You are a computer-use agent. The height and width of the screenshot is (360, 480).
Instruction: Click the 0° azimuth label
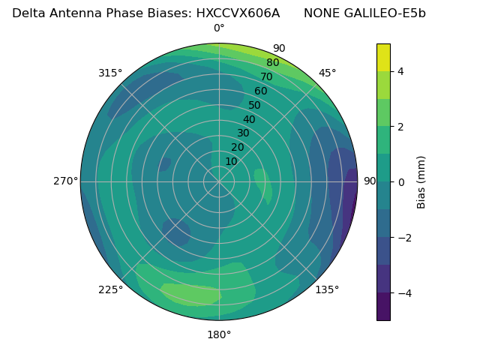(219, 28)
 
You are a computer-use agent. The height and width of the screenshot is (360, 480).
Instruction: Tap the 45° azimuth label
(327, 73)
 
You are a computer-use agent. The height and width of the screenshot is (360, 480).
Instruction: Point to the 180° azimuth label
(219, 334)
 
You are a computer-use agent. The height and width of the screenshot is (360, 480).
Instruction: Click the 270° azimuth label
(66, 181)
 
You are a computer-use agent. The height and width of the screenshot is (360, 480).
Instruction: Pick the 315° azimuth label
(110, 73)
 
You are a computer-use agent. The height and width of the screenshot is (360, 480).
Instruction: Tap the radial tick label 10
(231, 161)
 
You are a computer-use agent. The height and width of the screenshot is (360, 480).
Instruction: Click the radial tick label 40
(249, 119)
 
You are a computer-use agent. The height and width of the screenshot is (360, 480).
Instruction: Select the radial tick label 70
(266, 76)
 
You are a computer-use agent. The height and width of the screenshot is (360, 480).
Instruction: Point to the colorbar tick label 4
(401, 71)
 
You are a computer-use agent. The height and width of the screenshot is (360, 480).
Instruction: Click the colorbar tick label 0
(401, 182)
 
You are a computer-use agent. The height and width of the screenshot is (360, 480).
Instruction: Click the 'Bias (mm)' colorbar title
(421, 181)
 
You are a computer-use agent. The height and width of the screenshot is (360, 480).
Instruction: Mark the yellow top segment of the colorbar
(383, 57)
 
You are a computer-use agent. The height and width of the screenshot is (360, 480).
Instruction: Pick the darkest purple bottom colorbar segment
(383, 307)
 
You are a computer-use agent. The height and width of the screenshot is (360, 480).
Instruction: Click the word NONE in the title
(322, 13)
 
